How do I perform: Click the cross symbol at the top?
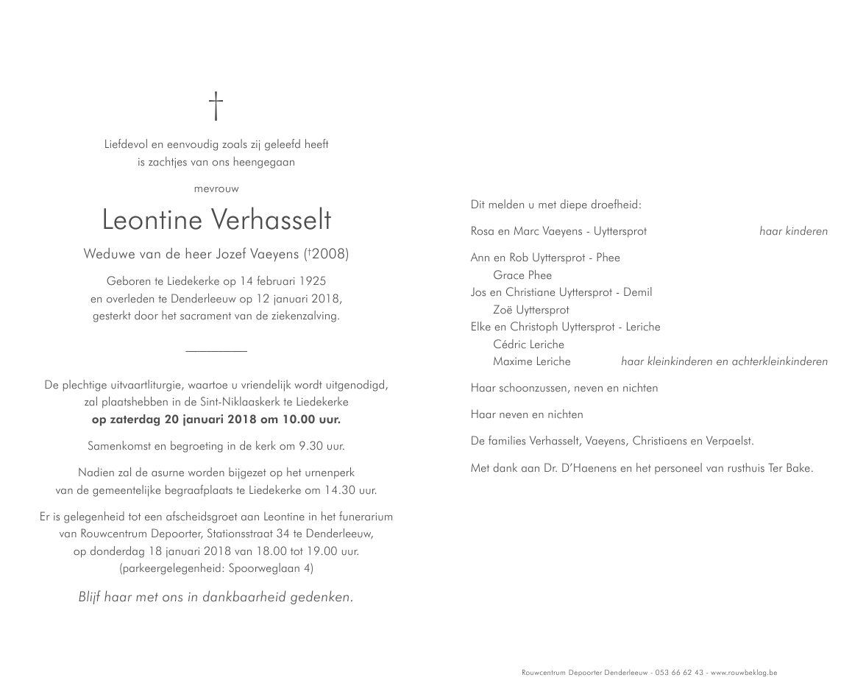click(216, 105)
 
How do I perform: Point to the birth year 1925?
click(310, 281)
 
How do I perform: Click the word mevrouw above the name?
click(216, 189)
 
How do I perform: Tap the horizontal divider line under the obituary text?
click(216, 351)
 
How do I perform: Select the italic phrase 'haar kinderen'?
click(793, 231)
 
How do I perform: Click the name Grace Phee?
click(522, 275)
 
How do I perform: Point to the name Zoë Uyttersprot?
click(530, 310)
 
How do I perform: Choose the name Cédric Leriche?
click(528, 344)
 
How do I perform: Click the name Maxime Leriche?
click(531, 361)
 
